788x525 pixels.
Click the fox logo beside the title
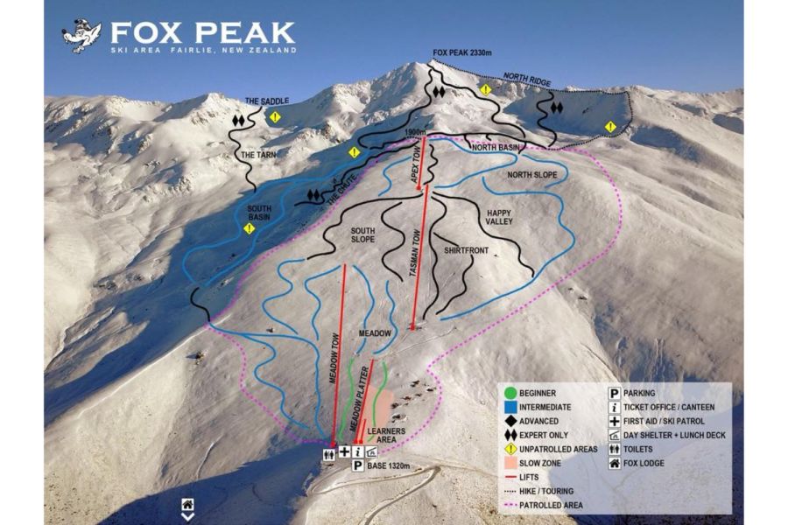[x=81, y=36]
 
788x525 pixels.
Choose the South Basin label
[x=258, y=212]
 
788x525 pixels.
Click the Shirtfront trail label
[x=465, y=251]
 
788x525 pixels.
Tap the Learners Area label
[x=386, y=433]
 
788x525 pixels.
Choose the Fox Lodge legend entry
[x=657, y=463]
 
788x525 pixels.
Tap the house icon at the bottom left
[x=187, y=505]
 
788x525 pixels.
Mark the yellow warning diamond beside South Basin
[x=250, y=228]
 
